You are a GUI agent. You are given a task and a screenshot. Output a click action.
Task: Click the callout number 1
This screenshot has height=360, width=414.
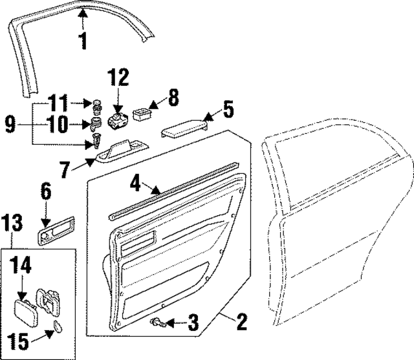click(82, 41)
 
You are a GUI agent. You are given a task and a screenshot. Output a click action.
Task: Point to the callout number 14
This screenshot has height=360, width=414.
click(19, 265)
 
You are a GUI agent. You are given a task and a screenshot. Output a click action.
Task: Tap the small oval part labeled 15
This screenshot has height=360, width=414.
click(57, 326)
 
